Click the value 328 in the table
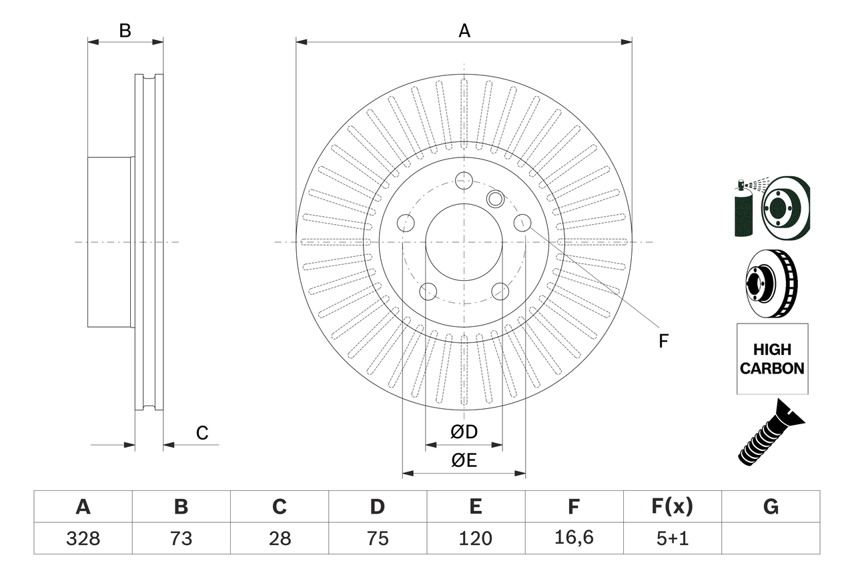pyautogui.click(x=83, y=538)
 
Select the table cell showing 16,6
pyautogui.click(x=573, y=538)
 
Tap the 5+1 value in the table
pyautogui.click(x=672, y=538)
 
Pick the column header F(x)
pyautogui.click(x=672, y=507)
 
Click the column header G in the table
pyautogui.click(x=771, y=507)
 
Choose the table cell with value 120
pyautogui.click(x=475, y=538)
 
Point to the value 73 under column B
pyautogui.click(x=181, y=538)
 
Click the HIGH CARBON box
pyautogui.click(x=772, y=359)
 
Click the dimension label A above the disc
pyautogui.click(x=464, y=31)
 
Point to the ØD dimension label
pyautogui.click(x=464, y=432)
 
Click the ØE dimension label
pyautogui.click(x=464, y=460)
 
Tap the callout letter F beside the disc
pyautogui.click(x=663, y=341)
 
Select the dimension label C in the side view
pyautogui.click(x=202, y=433)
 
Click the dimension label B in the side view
pyautogui.click(x=125, y=31)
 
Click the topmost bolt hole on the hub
pyautogui.click(x=464, y=179)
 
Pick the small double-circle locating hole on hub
pyautogui.click(x=495, y=198)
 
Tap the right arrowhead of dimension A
pyautogui.click(x=626, y=42)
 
